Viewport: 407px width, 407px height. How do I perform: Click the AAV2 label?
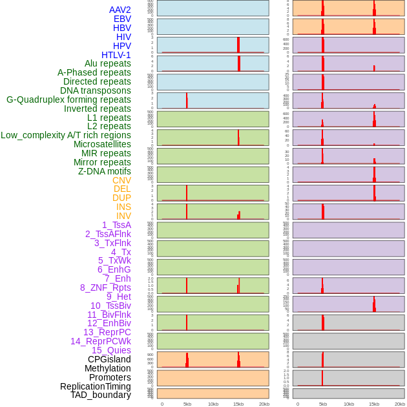tap(120, 10)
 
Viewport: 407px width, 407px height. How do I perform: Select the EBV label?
tap(122, 19)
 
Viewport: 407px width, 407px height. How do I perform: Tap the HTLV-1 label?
tap(116, 55)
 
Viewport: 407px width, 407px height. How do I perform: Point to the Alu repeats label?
tap(108, 63)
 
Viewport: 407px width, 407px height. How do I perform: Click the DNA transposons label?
tap(96, 90)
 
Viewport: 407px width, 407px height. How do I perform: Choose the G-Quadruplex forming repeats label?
tap(68, 99)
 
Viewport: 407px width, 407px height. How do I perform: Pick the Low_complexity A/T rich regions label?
tap(66, 135)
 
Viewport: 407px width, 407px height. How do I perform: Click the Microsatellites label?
tap(102, 144)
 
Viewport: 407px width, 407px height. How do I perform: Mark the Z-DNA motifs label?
tap(105, 171)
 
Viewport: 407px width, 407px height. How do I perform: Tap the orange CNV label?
tap(121, 180)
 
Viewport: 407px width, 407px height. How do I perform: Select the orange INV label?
tap(123, 216)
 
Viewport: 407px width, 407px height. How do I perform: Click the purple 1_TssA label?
tap(116, 225)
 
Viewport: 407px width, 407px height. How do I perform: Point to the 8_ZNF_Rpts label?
tap(105, 287)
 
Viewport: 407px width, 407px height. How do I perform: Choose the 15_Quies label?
tap(111, 350)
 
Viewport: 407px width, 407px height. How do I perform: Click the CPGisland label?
tap(109, 359)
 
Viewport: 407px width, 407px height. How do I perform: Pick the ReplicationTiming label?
tap(96, 386)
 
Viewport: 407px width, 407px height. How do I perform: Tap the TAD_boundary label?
tap(101, 395)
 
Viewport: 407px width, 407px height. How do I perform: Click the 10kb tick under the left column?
tap(213, 404)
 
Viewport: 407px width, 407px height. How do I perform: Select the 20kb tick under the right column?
tap(400, 404)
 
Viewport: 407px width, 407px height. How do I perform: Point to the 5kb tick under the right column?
tap(323, 404)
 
